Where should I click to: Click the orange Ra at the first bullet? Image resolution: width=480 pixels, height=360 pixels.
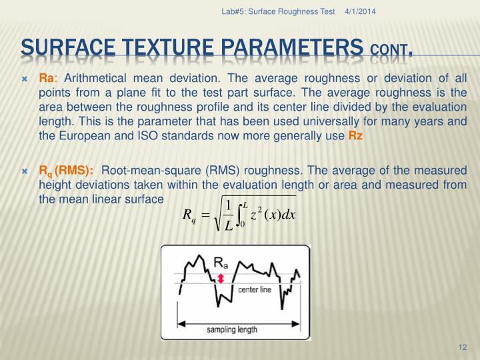pos(46,79)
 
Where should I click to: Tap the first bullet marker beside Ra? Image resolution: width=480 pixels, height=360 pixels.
pos(25,79)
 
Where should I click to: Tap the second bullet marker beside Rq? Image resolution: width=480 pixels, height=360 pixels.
pos(25,171)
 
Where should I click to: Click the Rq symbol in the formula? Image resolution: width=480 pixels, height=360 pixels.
pos(189,216)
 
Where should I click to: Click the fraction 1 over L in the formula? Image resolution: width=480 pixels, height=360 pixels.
pos(229,215)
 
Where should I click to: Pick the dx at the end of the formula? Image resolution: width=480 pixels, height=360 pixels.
pos(288,214)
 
